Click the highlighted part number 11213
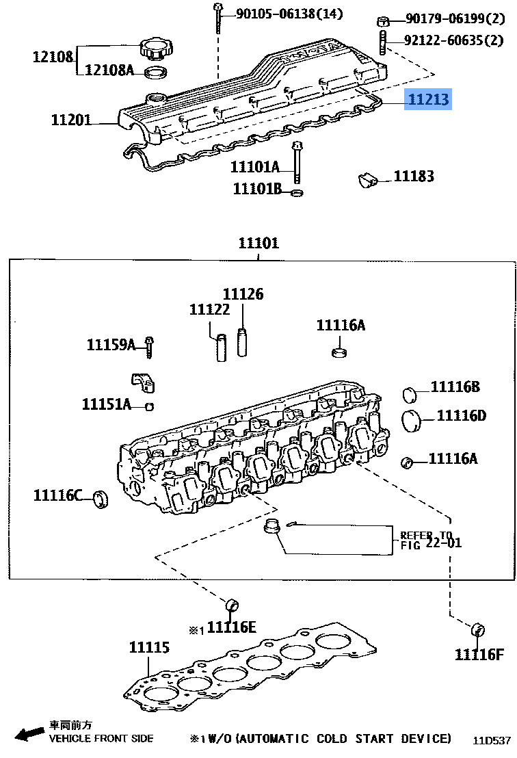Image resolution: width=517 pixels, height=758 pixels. (429, 101)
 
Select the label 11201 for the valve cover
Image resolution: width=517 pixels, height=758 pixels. (71, 121)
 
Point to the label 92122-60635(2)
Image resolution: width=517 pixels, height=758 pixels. (453, 40)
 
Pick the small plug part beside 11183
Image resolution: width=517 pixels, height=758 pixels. (368, 180)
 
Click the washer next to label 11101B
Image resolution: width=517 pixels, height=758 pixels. (296, 192)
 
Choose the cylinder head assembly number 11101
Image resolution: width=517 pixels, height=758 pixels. (258, 243)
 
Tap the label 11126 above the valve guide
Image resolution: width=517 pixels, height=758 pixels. (243, 294)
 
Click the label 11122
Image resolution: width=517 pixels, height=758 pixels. (209, 310)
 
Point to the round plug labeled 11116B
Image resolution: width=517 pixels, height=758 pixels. (410, 395)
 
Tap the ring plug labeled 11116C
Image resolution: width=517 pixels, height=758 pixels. (102, 499)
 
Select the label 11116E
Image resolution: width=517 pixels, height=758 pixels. (232, 627)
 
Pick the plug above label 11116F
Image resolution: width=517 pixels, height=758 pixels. (478, 629)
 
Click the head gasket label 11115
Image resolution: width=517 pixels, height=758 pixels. (150, 647)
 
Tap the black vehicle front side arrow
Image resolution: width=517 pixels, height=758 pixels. (29, 734)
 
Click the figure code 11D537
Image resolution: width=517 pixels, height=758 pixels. (492, 740)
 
